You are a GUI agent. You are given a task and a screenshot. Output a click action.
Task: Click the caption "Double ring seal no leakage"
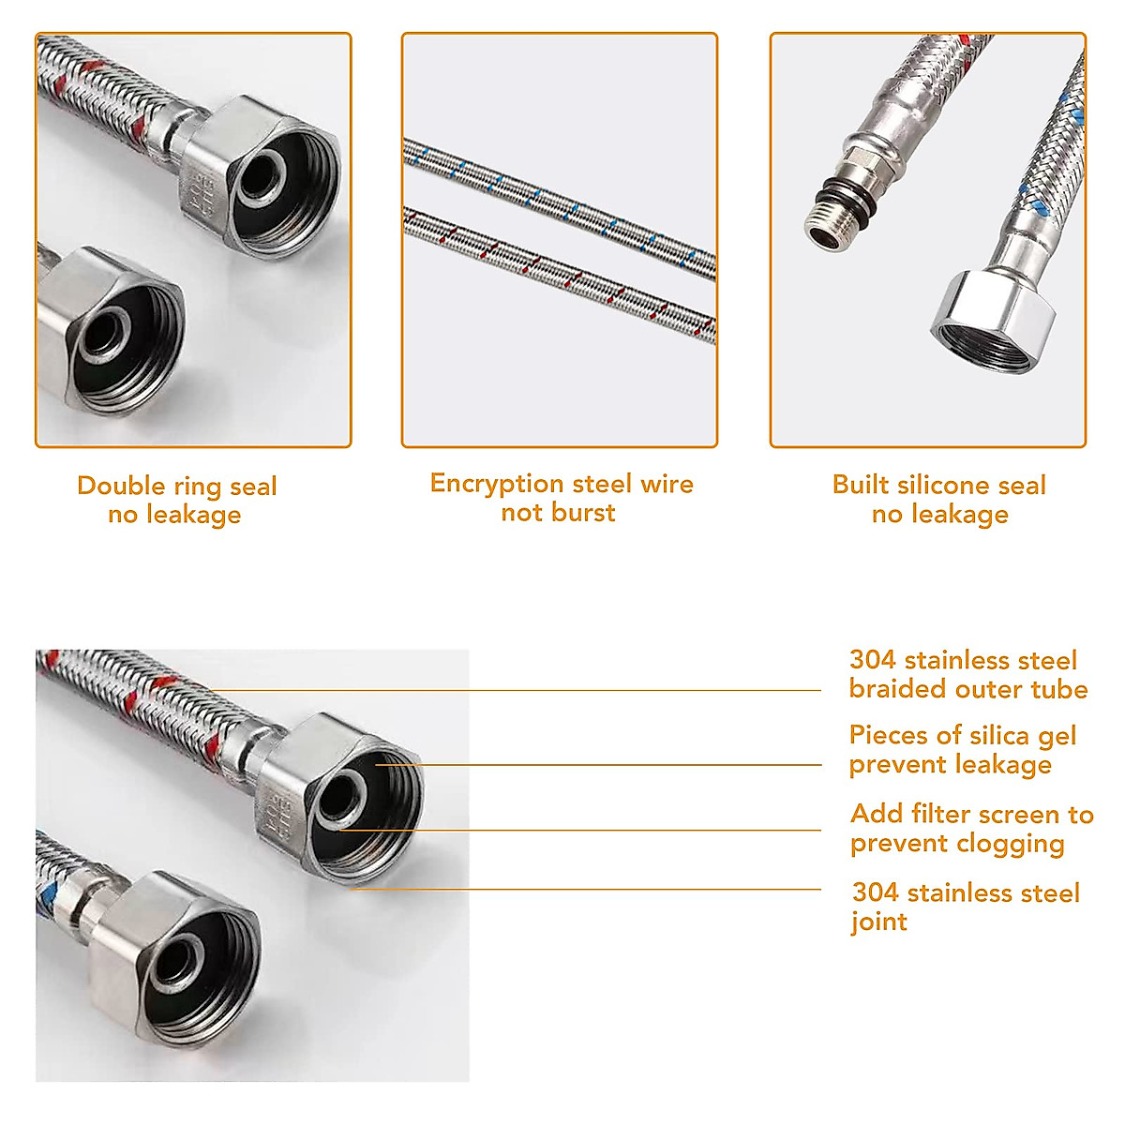(176, 500)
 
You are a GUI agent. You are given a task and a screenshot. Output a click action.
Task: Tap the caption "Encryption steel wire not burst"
(561, 498)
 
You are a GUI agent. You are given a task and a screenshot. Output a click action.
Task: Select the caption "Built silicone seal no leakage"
(938, 500)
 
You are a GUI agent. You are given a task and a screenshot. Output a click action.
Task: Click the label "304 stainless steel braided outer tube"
(967, 675)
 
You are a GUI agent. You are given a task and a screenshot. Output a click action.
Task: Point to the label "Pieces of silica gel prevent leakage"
(962, 750)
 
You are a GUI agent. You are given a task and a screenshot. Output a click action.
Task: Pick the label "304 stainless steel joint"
(966, 907)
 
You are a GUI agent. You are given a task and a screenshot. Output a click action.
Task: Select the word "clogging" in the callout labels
(1009, 844)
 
